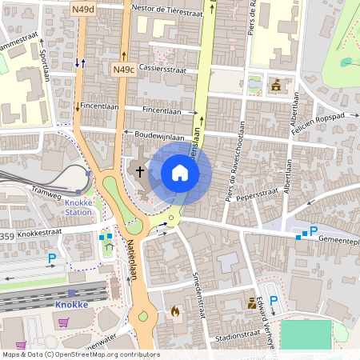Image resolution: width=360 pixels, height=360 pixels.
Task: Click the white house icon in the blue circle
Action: (180, 172)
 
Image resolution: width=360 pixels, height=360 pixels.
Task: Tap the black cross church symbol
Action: (140, 170)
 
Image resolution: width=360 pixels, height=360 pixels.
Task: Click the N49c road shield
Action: (123, 70)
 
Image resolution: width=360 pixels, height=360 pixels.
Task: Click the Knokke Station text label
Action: (78, 208)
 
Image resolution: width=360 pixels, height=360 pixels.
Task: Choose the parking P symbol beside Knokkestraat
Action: (52, 258)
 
